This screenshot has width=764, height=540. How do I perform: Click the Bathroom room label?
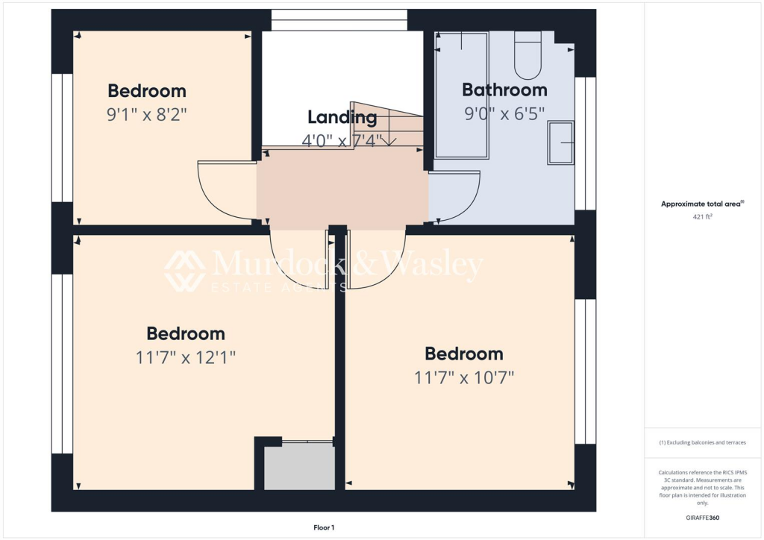pyautogui.click(x=504, y=90)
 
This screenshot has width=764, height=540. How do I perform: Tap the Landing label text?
pyautogui.click(x=342, y=117)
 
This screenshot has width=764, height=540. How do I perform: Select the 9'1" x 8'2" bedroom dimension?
pyautogui.click(x=146, y=115)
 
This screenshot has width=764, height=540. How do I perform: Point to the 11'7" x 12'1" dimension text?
pyautogui.click(x=186, y=357)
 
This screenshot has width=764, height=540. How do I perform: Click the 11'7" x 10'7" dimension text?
pyautogui.click(x=464, y=377)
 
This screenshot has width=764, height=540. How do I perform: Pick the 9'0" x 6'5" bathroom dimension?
pyautogui.click(x=504, y=113)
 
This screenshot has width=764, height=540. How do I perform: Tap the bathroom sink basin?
pyautogui.click(x=561, y=142)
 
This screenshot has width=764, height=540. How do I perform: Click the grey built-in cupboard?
pyautogui.click(x=298, y=467)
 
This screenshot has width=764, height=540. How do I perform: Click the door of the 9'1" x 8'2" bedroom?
pyautogui.click(x=225, y=191)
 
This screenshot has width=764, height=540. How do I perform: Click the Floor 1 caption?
pyautogui.click(x=324, y=527)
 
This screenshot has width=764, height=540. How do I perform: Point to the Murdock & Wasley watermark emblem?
pyautogui.click(x=185, y=270)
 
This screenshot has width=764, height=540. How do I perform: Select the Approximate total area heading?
pyautogui.click(x=701, y=204)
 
